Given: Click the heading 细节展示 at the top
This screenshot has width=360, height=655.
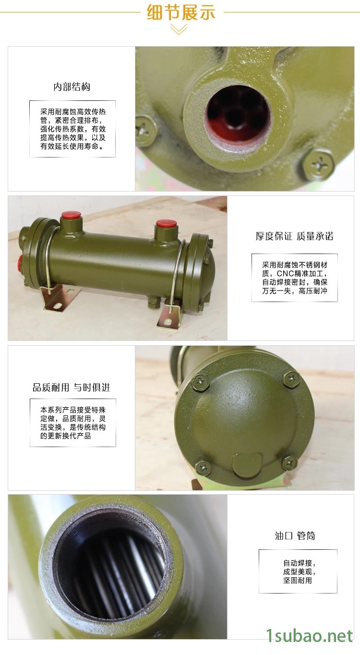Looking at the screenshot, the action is [x=181, y=12].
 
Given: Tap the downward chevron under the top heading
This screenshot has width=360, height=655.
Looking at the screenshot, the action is [x=179, y=29].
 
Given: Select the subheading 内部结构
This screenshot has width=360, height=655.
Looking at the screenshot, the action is [x=72, y=87].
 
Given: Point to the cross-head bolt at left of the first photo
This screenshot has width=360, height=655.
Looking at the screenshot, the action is [x=145, y=131].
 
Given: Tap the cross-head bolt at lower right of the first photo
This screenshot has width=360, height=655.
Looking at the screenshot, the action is [x=319, y=166].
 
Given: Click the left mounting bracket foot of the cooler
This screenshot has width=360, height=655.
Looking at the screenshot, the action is [x=57, y=297].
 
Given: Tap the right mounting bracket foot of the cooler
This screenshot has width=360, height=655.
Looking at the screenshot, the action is [x=169, y=316].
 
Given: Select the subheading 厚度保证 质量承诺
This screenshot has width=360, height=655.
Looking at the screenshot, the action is [x=294, y=236].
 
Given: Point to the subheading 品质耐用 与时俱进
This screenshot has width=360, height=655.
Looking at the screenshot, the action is [x=72, y=388].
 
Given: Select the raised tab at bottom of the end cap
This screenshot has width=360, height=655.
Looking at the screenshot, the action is [x=247, y=465].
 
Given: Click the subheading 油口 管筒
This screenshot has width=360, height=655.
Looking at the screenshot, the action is [x=295, y=536].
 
